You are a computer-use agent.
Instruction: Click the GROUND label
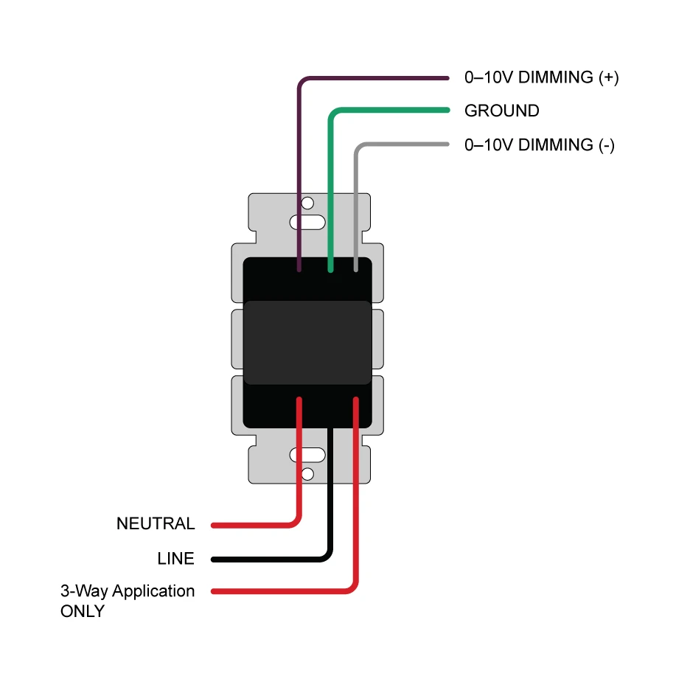pos(501,111)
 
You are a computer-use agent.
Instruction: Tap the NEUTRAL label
pos(156,524)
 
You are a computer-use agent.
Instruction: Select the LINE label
pos(175,559)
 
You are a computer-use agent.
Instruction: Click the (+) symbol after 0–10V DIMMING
pos(608,77)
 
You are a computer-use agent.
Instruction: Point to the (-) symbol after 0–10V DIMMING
pos(606,145)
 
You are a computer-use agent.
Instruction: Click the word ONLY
pos(83,612)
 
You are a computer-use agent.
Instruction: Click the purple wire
pos(369,77)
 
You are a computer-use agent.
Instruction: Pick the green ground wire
pos(391,111)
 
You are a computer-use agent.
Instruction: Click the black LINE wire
pos(330,501)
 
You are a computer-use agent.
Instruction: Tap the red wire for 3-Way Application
pos(356,501)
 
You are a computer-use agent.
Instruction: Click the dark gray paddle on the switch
pos(307,342)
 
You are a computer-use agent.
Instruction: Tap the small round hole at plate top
pos(307,203)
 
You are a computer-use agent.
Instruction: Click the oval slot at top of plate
pos(307,221)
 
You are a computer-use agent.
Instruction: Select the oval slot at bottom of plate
pos(307,456)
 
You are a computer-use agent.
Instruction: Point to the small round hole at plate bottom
pos(307,473)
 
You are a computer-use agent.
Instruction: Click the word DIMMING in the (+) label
pos(557,77)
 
